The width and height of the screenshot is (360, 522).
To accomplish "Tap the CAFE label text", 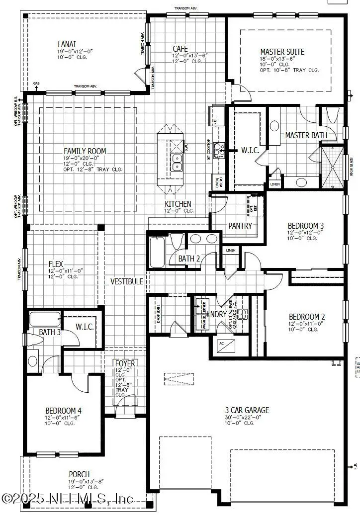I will [x=180, y=48].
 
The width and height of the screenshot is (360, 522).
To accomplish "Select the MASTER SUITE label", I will [x=282, y=52].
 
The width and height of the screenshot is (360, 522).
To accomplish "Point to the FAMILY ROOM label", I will [x=85, y=151].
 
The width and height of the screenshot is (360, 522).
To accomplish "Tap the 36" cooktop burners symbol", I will [x=219, y=148].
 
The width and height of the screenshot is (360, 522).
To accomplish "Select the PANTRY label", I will [x=240, y=226].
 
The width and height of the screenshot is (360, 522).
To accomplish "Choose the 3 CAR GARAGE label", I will [x=246, y=410].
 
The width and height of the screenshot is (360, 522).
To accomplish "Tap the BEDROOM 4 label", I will [x=63, y=411].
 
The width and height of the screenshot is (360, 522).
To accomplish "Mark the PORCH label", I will [x=80, y=474].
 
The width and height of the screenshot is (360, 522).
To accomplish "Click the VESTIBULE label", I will [x=127, y=281].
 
